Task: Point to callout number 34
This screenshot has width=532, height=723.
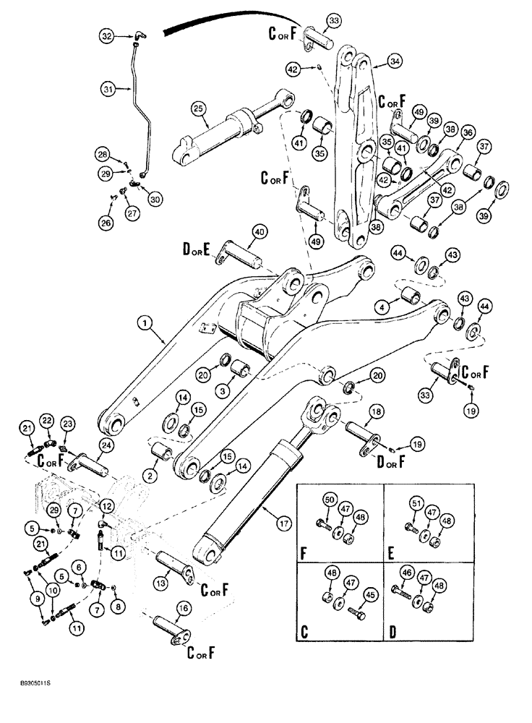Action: tap(395, 62)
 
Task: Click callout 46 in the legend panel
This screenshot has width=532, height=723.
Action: tap(408, 575)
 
